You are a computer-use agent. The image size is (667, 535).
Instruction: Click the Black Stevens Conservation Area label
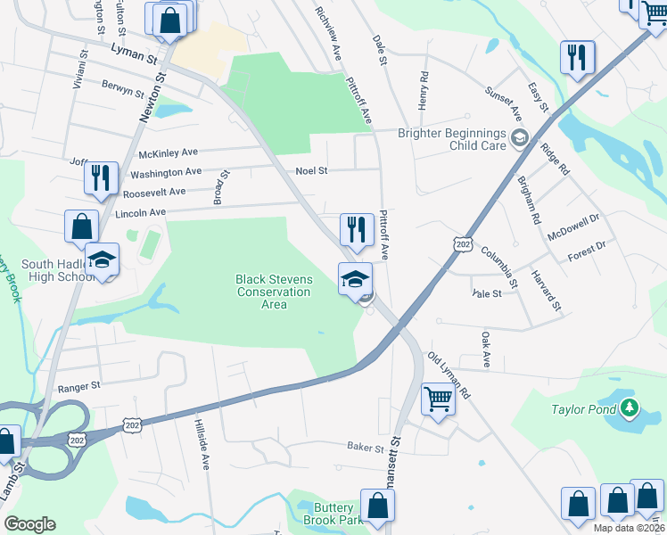point(274,292)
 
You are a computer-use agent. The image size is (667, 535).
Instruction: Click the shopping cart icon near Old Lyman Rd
point(438,399)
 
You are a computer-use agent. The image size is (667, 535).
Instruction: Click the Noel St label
point(312,170)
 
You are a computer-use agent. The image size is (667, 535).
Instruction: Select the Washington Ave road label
point(167,172)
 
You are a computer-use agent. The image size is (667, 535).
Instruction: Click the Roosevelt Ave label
point(154,192)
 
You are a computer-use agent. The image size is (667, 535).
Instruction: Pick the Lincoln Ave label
point(141,213)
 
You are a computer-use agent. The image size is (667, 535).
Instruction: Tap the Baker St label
point(365,446)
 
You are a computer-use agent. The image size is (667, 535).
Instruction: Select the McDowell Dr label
point(576,223)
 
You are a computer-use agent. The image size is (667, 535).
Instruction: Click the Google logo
point(29,523)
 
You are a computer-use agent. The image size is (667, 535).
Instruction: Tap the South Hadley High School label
point(54,270)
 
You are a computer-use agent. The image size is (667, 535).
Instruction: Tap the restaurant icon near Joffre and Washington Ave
point(101,177)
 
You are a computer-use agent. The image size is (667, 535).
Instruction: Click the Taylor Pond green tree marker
point(631,408)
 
